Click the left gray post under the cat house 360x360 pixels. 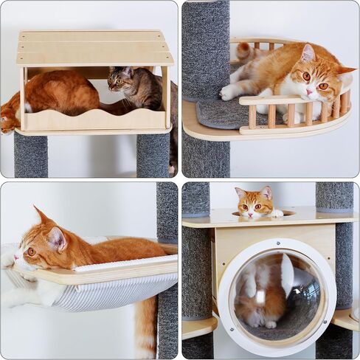[30, 154]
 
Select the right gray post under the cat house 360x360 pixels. [153, 154]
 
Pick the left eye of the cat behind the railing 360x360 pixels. [305, 76]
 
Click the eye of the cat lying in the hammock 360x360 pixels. [31, 251]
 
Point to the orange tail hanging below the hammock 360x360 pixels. [146, 325]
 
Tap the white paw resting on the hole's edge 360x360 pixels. [277, 213]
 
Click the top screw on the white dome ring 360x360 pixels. [278, 243]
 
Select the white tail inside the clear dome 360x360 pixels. [286, 273]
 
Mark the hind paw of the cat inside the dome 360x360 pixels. [270, 323]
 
